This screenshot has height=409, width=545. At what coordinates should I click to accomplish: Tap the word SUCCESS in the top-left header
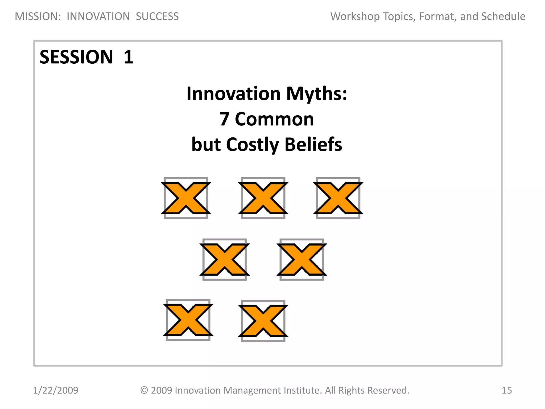(x=157, y=17)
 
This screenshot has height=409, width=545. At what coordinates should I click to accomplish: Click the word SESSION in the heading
(x=76, y=57)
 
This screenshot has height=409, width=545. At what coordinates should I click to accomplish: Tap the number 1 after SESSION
(x=129, y=57)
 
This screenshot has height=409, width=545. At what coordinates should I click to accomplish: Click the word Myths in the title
(x=317, y=94)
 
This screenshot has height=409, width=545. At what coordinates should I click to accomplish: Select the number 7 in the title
(x=224, y=119)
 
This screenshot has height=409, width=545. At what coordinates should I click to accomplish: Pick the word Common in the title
(x=274, y=119)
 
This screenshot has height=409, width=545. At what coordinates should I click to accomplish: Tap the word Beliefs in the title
(x=313, y=145)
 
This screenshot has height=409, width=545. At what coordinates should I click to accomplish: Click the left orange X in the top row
(x=186, y=198)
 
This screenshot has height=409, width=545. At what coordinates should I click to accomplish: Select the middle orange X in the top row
(x=263, y=198)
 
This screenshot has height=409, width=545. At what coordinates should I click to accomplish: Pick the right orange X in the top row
(x=338, y=198)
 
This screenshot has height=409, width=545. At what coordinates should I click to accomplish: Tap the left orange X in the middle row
(x=225, y=259)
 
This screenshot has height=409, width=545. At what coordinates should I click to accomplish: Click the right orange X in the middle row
(x=302, y=259)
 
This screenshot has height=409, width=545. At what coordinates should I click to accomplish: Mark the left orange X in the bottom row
(x=188, y=320)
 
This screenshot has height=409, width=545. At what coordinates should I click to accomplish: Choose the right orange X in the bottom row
(x=263, y=321)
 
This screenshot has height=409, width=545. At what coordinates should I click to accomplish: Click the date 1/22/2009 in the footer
(x=56, y=390)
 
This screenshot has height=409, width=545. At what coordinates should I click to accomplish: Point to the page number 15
(x=507, y=390)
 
